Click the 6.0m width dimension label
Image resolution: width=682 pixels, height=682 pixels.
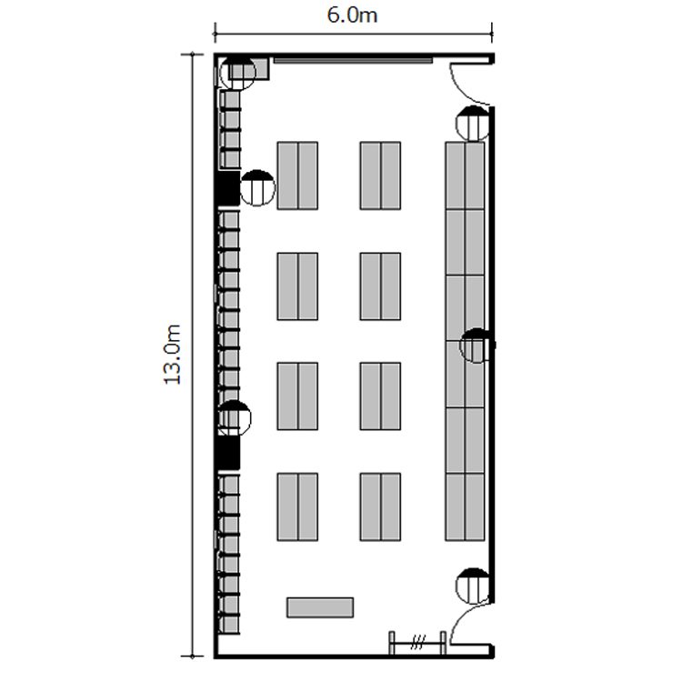point(352,15)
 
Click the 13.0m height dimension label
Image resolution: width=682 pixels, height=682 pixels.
point(172,355)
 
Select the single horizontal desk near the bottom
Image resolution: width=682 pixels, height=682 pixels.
point(320,607)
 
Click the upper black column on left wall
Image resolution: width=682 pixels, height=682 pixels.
point(228,188)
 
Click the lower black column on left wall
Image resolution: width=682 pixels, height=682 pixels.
point(228,453)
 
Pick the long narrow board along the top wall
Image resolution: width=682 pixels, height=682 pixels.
point(353,60)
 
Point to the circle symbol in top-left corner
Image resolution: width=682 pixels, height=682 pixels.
point(238,73)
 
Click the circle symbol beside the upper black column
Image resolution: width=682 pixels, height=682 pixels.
point(257,188)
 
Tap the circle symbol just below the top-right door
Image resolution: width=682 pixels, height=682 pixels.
point(473,124)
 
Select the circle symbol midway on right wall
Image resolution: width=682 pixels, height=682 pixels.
point(477,346)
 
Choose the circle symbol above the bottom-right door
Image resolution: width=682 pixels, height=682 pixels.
point(473,586)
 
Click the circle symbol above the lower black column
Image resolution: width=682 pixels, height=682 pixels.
point(234,418)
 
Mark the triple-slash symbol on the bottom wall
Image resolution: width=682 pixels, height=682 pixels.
point(417,642)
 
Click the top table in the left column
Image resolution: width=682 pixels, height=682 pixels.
point(297,176)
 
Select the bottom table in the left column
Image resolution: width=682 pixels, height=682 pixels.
point(297,507)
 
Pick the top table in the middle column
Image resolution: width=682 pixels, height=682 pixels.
point(380,176)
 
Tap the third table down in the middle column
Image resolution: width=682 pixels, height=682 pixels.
point(380,396)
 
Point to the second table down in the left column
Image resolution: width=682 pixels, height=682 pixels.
point(297,286)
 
